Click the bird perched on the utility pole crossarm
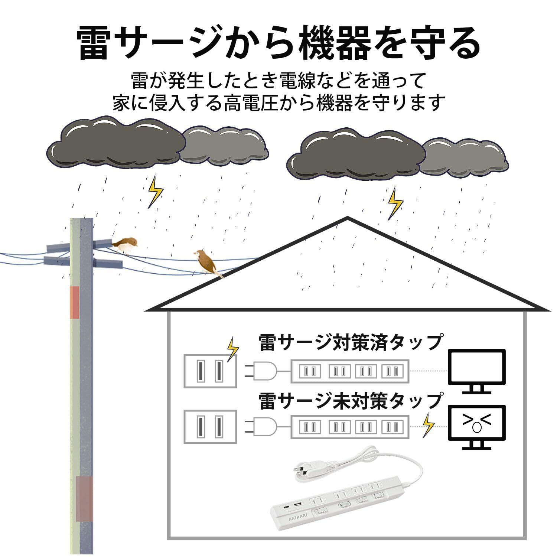125,245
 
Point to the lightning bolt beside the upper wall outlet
232,349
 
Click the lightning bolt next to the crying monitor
429,426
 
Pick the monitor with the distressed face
477,427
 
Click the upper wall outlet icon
210,371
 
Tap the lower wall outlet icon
210,427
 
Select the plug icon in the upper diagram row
261,371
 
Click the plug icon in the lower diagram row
261,427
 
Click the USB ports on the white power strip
293,506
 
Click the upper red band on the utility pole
75,302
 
